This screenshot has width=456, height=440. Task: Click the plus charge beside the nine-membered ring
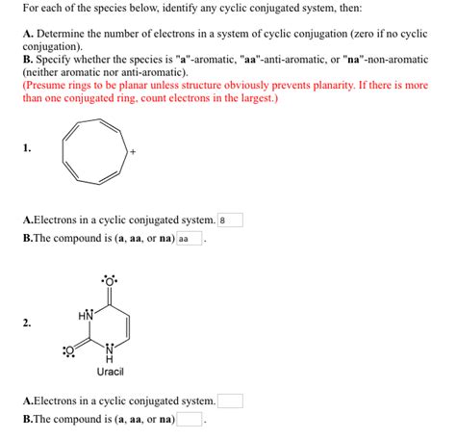[133, 151]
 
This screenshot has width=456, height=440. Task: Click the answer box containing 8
[231, 220]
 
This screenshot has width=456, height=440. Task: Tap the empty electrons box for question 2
[231, 401]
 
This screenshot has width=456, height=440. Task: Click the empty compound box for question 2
[189, 419]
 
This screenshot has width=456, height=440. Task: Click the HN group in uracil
[85, 315]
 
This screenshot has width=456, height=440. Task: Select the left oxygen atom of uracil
[68, 350]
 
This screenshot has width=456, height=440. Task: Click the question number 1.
[26, 147]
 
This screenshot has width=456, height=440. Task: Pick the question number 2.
[26, 324]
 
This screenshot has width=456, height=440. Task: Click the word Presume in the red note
[48, 85]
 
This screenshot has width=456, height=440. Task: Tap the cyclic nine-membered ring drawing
[93, 151]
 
